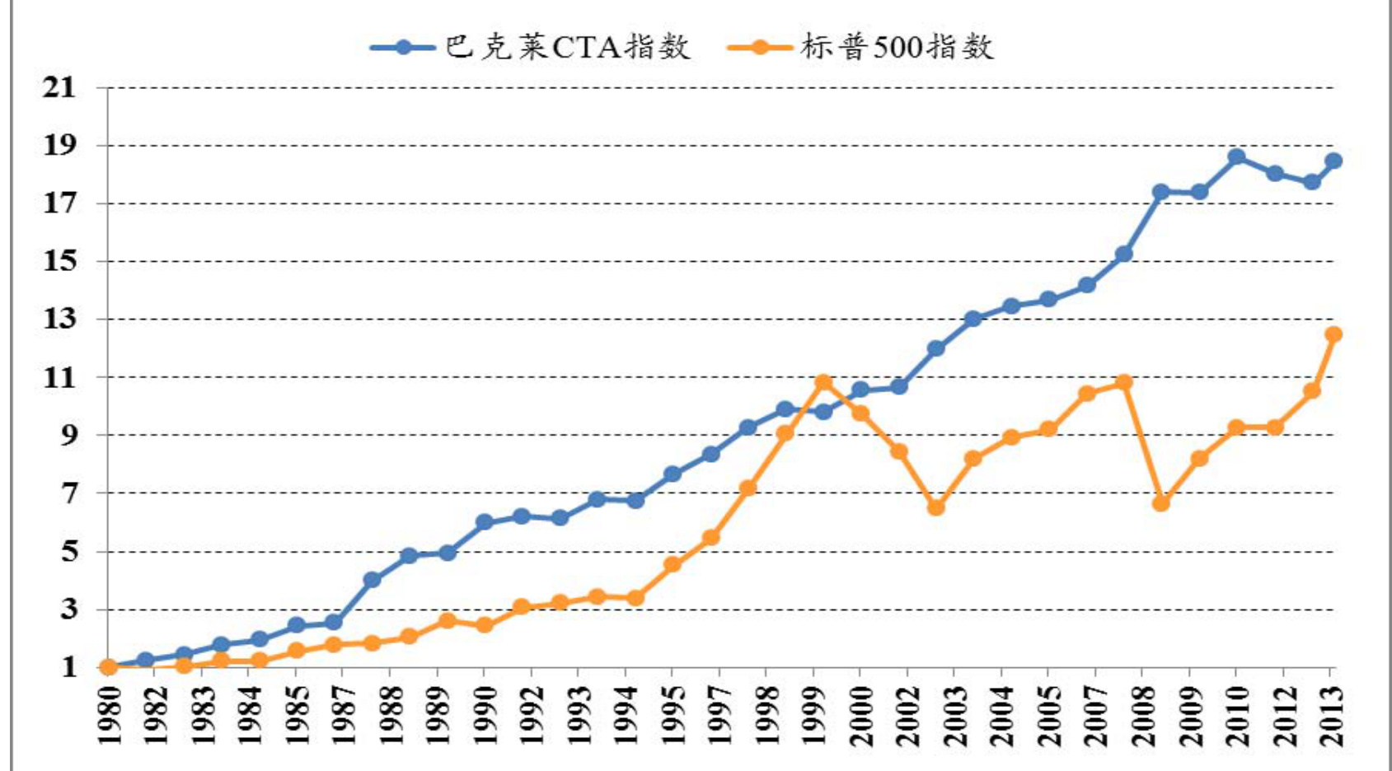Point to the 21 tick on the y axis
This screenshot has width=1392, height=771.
59,87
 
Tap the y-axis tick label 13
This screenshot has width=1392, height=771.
59,319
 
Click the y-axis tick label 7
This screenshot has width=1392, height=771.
68,493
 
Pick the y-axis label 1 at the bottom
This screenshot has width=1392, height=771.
68,666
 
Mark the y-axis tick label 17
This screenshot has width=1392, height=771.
59,203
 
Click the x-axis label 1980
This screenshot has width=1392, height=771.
108,715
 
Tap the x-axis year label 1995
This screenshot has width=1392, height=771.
672,715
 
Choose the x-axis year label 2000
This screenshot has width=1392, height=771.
860,715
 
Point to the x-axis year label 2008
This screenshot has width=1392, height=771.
1142,715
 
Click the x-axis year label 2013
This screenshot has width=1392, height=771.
1331,715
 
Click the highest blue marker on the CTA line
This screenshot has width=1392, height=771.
1236,157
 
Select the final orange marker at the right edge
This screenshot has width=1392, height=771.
1333,334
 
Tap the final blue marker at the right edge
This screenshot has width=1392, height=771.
1333,161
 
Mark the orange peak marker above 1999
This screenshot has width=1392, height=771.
823,382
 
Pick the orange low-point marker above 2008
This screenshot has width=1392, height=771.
1161,502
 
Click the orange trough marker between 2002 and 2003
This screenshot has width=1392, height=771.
935,507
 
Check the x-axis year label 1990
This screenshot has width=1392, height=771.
483,715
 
